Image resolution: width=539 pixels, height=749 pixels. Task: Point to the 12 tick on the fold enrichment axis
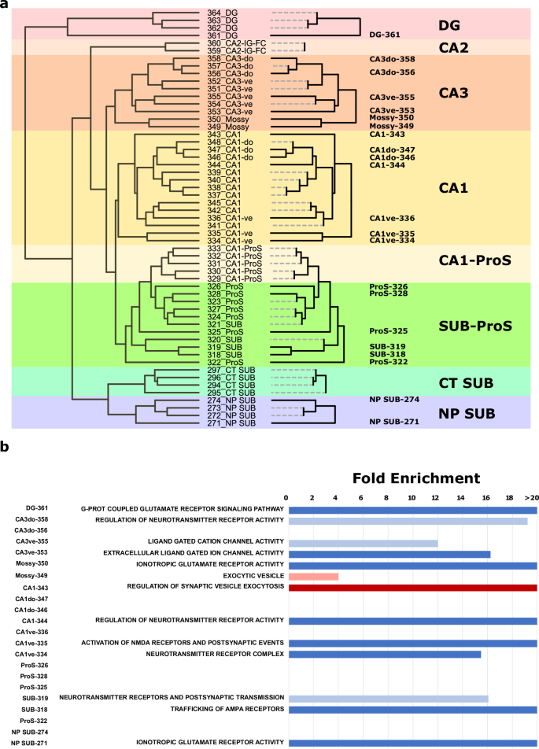[436, 498]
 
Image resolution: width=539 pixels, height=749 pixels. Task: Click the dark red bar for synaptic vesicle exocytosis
[412, 587]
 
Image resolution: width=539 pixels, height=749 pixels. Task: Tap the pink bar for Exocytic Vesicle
[313, 576]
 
